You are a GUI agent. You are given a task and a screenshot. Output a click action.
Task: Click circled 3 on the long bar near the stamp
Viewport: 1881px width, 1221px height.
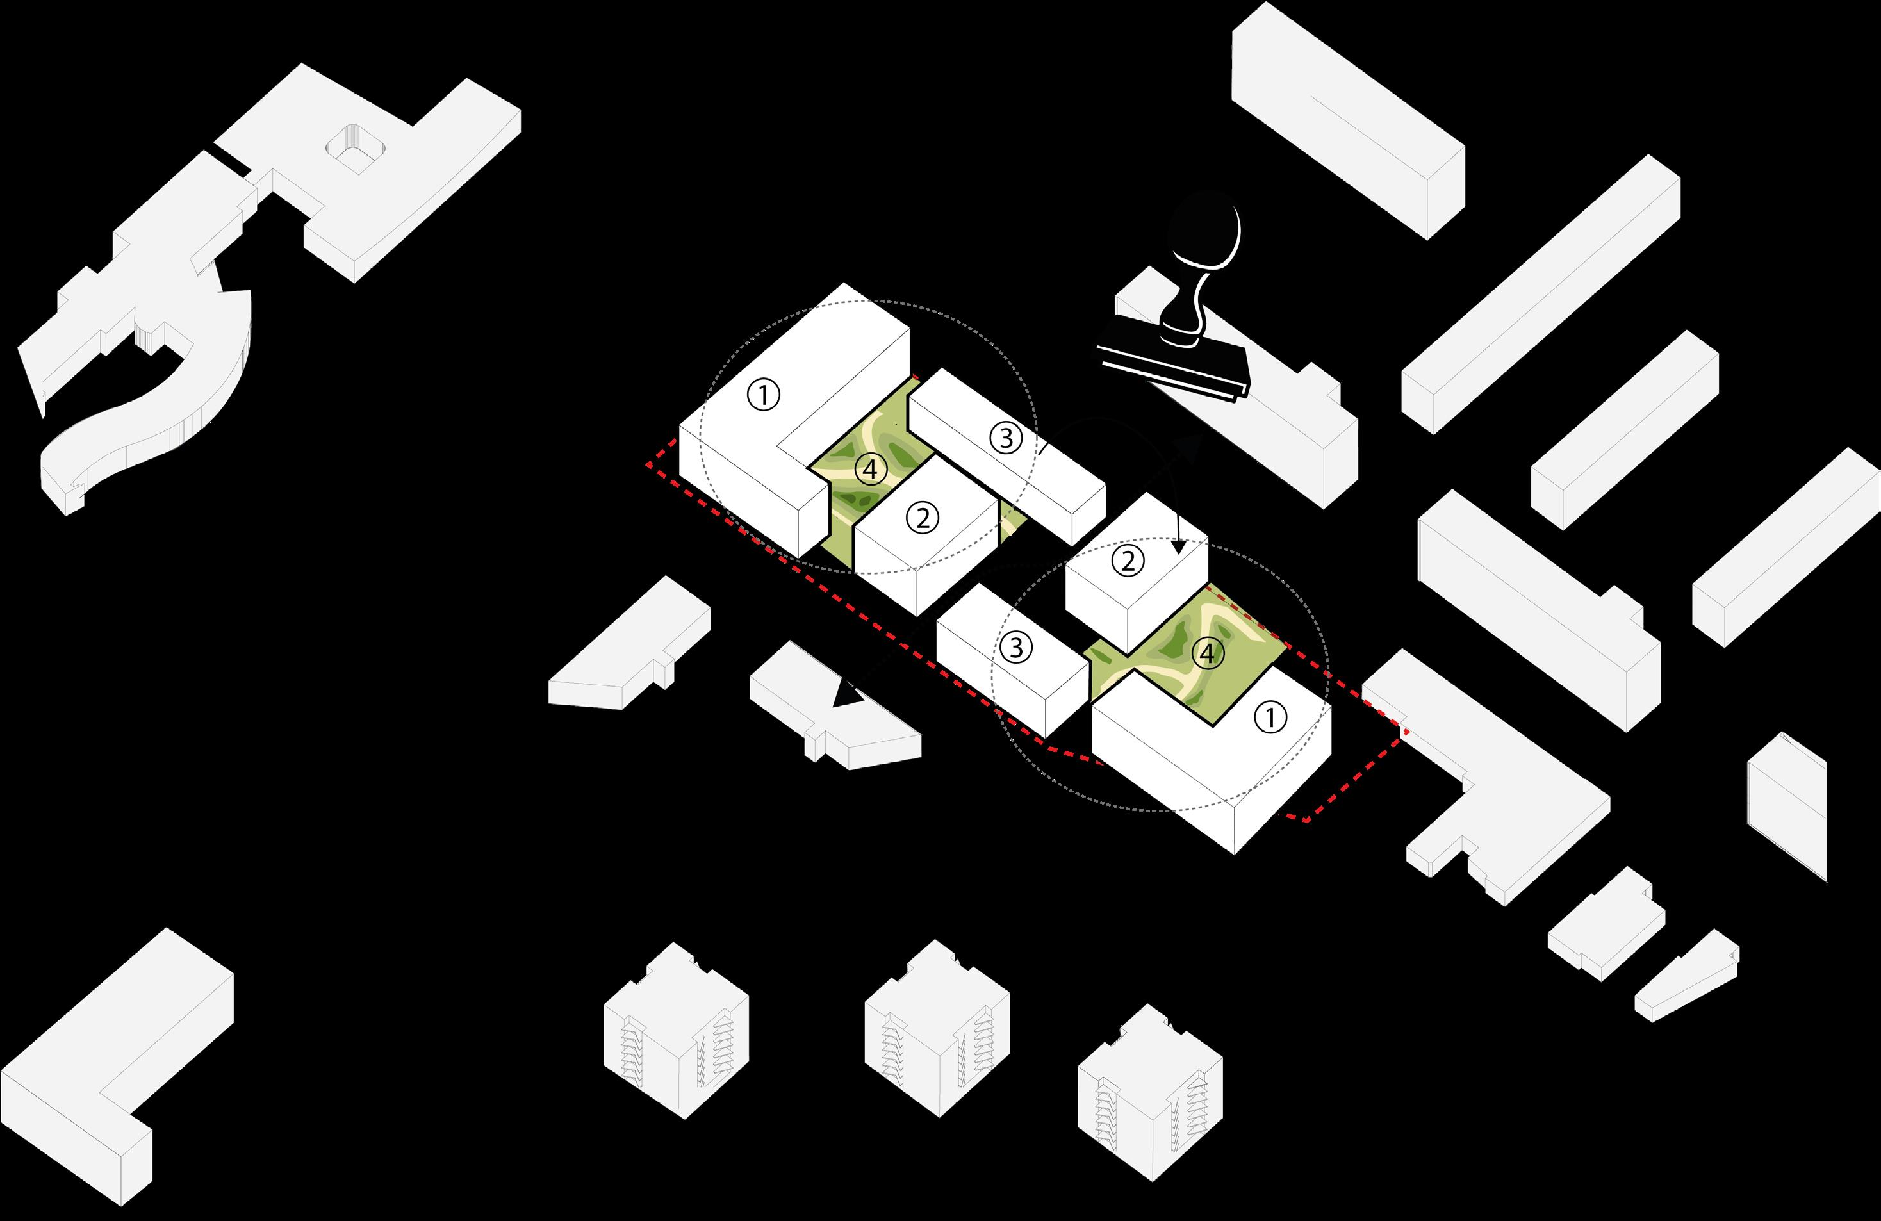tap(1006, 438)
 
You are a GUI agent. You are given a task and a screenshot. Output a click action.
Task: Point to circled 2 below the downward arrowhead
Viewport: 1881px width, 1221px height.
tap(1128, 561)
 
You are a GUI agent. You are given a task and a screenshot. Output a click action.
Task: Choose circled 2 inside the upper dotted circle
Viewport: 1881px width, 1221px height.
tap(923, 518)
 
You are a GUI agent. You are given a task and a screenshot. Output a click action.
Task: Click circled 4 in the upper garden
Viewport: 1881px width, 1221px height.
tap(870, 470)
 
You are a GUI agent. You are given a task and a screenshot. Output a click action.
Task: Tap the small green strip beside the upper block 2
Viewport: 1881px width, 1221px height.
tap(1011, 522)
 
